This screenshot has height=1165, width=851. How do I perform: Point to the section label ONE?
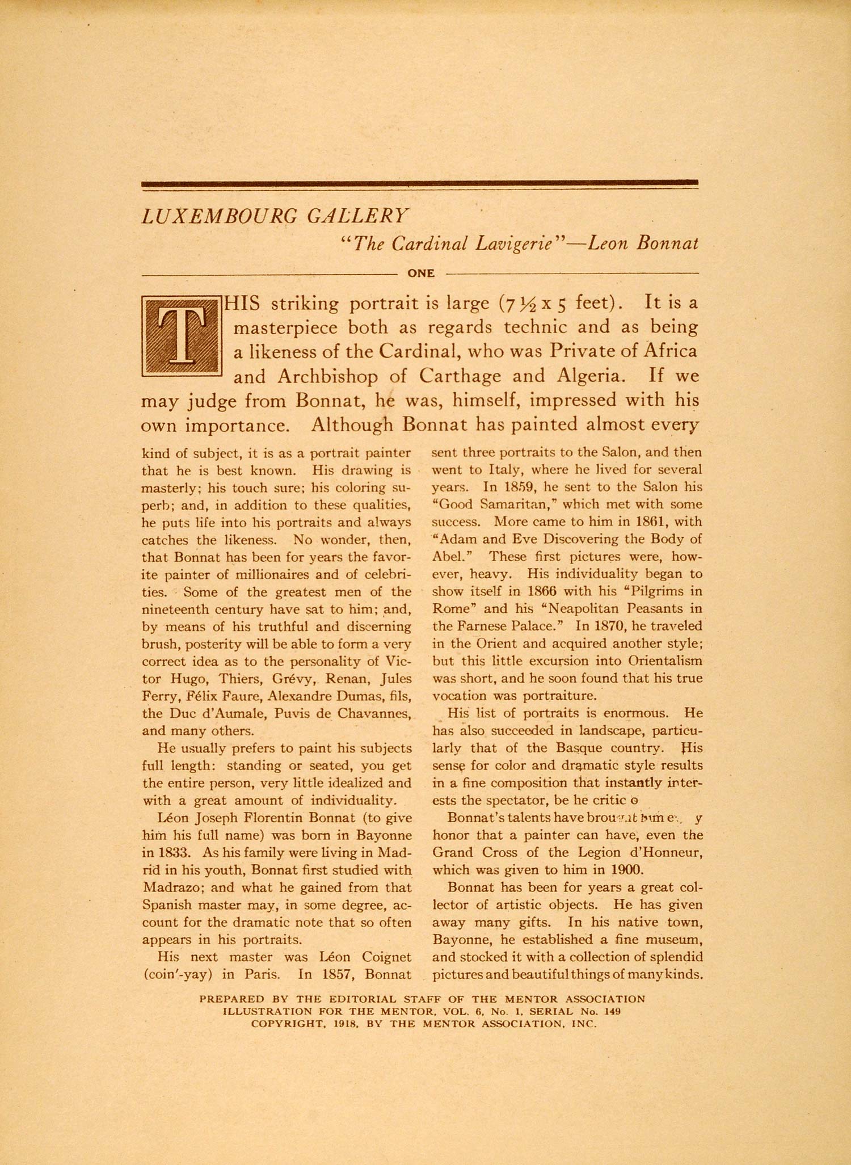coord(421,274)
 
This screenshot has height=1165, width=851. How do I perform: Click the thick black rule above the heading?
coord(420,183)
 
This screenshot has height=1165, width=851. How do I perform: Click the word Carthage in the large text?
coord(460,376)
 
